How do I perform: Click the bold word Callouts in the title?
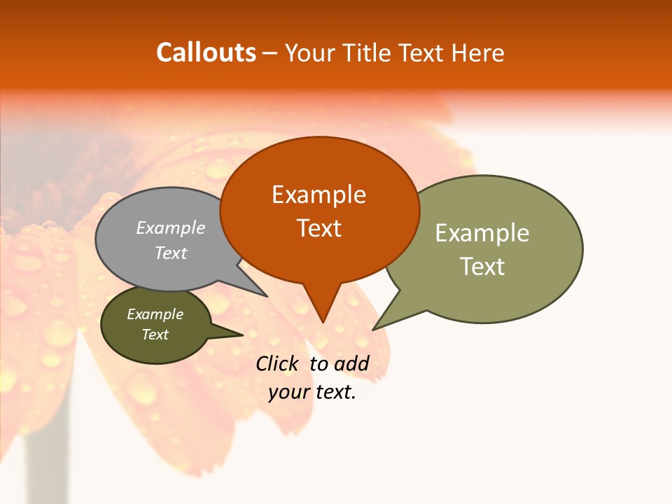coord(206,53)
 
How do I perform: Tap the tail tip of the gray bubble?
coord(266,296)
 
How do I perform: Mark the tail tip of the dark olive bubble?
coord(242,335)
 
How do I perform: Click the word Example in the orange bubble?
coord(318,195)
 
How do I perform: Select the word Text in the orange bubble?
coord(319,228)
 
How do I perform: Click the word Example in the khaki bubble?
coord(482,233)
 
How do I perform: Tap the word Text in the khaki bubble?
coord(482,267)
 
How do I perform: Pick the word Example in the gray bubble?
coord(170,228)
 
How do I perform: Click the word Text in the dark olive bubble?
coord(155,335)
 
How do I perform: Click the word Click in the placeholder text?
coord(276,363)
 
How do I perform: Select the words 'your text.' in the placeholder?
coord(312,393)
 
